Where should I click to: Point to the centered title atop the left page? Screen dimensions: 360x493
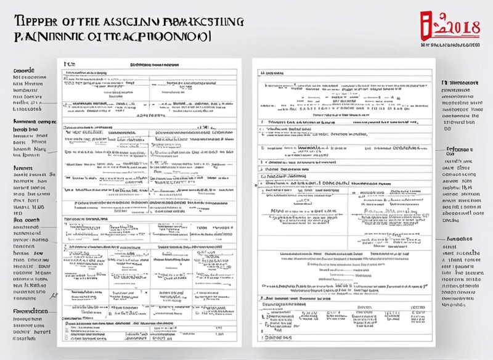pos(150,64)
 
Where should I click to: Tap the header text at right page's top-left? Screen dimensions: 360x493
pos(269,72)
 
